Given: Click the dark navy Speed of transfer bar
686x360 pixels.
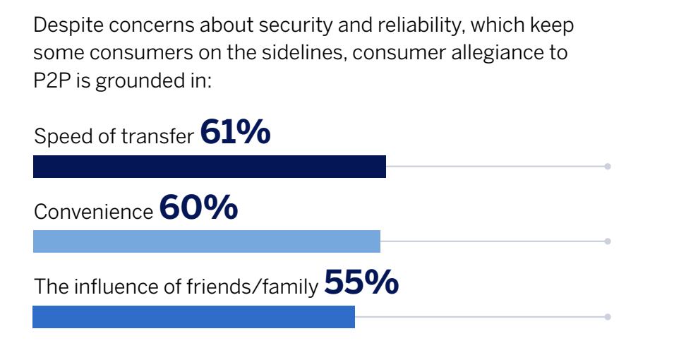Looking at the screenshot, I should tap(209, 167).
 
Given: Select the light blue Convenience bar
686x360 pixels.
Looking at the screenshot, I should tap(206, 241).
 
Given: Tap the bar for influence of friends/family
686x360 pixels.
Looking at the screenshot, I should tap(193, 317).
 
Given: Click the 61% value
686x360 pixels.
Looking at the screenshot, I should tap(235, 132).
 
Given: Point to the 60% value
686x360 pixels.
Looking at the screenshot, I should tap(198, 208).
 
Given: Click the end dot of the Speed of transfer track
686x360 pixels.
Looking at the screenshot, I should tap(607, 167).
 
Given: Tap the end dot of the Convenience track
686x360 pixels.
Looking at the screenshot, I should tap(607, 241).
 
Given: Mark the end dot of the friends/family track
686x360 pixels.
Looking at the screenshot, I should tap(607, 317).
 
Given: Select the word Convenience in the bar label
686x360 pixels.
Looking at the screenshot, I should tap(93, 212).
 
